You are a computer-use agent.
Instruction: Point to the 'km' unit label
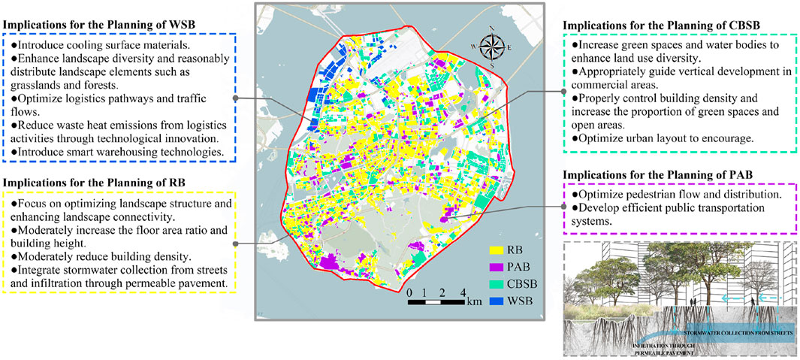474,303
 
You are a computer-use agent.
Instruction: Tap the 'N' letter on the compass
491,29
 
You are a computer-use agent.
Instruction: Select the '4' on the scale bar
463,292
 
